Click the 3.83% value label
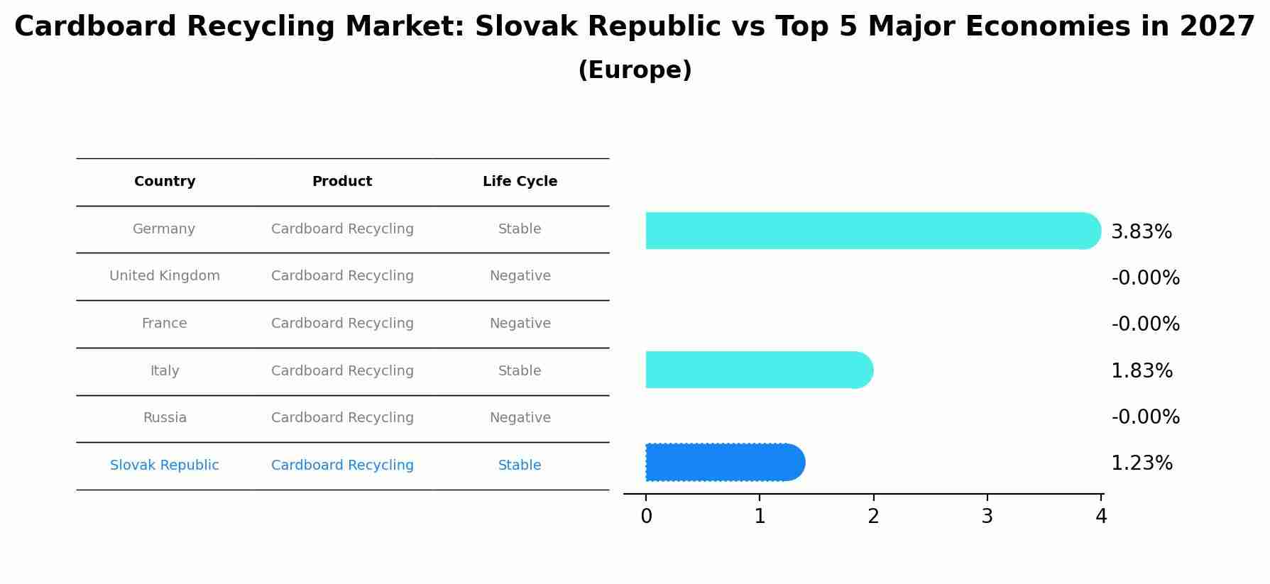[x=1141, y=232]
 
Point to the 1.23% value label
[x=1141, y=463]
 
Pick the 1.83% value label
[x=1141, y=371]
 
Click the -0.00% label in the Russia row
[x=1145, y=417]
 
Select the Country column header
[x=165, y=182]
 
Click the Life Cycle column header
[x=520, y=182]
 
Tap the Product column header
[x=342, y=182]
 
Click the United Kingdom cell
[x=165, y=276]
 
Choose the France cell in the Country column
[x=165, y=324]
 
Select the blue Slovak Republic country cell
[x=165, y=465]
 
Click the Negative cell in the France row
[x=520, y=324]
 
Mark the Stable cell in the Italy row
[x=520, y=371]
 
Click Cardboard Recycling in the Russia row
[x=342, y=418]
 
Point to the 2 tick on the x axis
[x=873, y=517]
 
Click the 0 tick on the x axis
[x=646, y=517]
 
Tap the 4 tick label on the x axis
[x=1100, y=517]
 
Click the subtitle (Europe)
[x=635, y=70]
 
